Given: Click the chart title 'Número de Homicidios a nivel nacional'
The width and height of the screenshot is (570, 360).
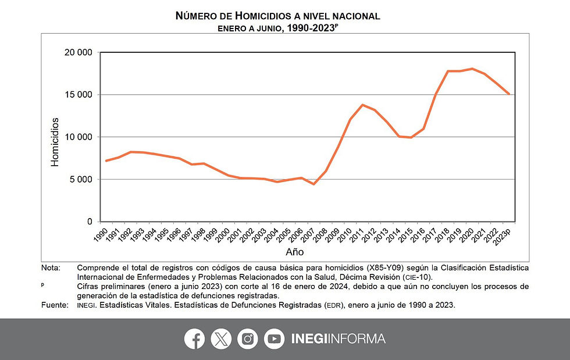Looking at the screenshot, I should tap(277, 16).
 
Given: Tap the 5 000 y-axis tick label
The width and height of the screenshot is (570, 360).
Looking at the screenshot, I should tap(80, 179).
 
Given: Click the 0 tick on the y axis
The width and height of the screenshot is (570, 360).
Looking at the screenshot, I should tap(89, 222).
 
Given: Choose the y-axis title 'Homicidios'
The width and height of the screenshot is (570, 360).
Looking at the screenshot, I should tap(55, 142).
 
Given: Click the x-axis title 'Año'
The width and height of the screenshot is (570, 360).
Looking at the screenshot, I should tap(294, 252).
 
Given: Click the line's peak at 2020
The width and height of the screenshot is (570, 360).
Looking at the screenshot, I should tap(472, 69).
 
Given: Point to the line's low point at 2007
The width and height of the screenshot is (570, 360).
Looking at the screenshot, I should tap(314, 184).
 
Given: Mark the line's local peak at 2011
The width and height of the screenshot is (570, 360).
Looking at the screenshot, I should tap(363, 105).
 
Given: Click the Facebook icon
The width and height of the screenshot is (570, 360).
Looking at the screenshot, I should tap(194, 339).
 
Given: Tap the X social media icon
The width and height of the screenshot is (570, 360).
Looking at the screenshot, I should tap(221, 339).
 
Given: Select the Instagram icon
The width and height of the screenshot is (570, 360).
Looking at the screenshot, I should tap(248, 339).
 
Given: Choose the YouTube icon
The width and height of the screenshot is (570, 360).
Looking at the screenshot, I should tap(274, 339).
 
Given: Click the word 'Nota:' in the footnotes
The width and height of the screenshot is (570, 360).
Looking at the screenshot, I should tap(51, 268).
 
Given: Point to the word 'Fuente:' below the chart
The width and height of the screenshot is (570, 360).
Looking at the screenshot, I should tap(54, 305).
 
